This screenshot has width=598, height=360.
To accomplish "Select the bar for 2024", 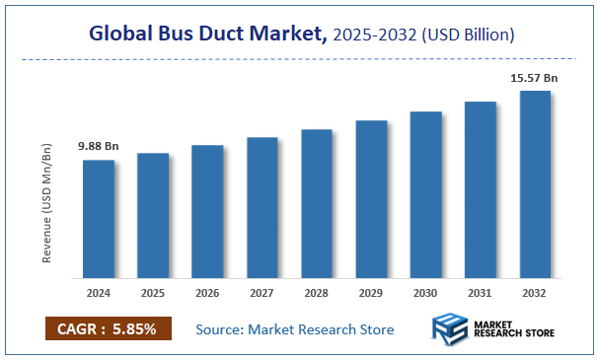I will pyautogui.click(x=99, y=218).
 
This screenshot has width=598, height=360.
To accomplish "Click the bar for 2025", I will pyautogui.click(x=153, y=215).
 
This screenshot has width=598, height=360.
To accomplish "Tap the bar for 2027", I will pyautogui.click(x=262, y=207).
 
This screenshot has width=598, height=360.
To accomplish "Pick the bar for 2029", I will pyautogui.click(x=371, y=198).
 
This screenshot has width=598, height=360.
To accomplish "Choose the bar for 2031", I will pyautogui.click(x=481, y=188).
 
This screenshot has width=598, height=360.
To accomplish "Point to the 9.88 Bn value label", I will pyautogui.click(x=99, y=147).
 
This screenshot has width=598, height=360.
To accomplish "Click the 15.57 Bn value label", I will pyautogui.click(x=535, y=77).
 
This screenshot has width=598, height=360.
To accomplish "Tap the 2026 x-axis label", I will pyautogui.click(x=207, y=293).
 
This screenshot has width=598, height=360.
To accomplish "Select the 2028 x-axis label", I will pyautogui.click(x=317, y=293).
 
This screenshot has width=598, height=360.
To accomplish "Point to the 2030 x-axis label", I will pyautogui.click(x=425, y=293).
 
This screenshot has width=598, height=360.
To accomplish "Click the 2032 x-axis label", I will pyautogui.click(x=535, y=293).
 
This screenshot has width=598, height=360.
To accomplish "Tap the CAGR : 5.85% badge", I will pyautogui.click(x=108, y=327).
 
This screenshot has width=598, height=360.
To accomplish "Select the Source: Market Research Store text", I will pyautogui.click(x=294, y=328).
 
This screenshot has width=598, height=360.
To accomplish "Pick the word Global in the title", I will pyautogui.click(x=120, y=35).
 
